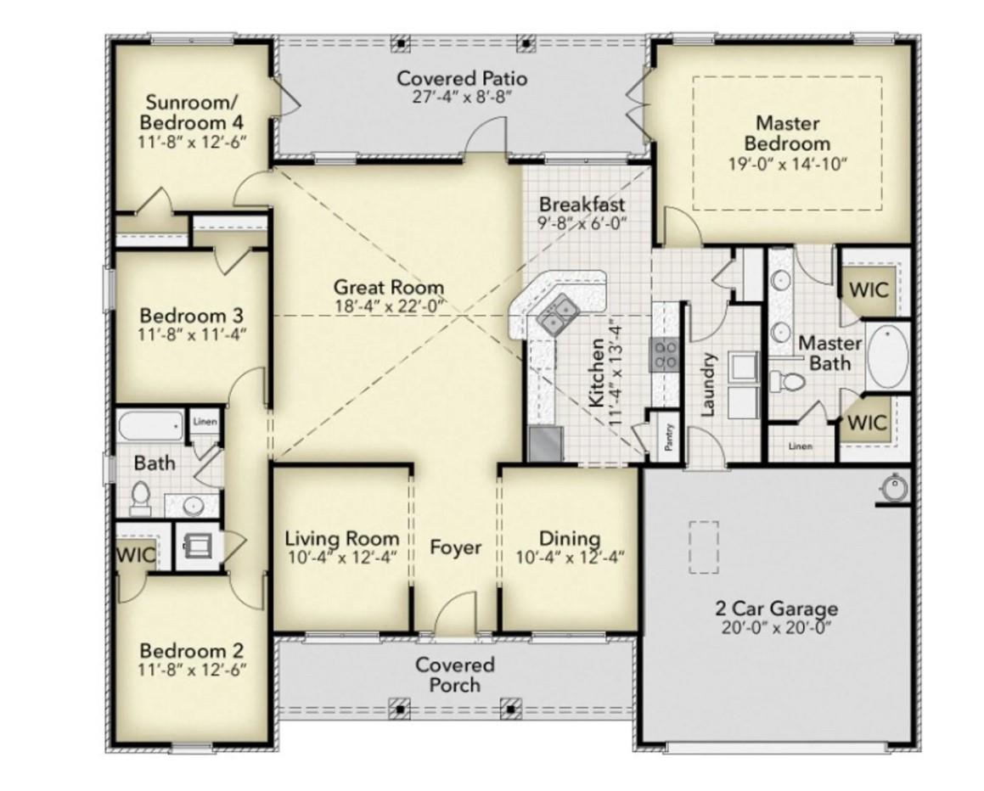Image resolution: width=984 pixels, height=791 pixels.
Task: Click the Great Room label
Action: pyautogui.click(x=388, y=287)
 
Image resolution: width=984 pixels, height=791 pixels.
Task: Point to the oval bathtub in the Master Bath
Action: pyautogui.click(x=887, y=357)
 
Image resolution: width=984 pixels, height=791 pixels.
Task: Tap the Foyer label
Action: pyautogui.click(x=455, y=548)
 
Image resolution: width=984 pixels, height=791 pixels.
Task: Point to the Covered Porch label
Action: pyautogui.click(x=454, y=675)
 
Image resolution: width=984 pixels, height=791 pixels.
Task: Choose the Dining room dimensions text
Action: pyautogui.click(x=570, y=558)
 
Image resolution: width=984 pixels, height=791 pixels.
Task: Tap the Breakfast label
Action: pyautogui.click(x=582, y=204)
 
